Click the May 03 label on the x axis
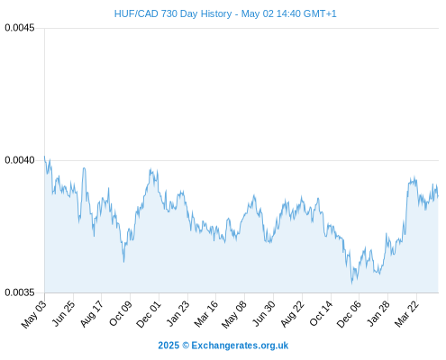click(x=34, y=314)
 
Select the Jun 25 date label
click(x=63, y=313)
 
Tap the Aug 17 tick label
click(x=92, y=313)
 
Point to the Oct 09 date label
click(x=121, y=313)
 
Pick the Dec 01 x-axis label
click(x=149, y=314)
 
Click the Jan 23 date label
click(x=178, y=313)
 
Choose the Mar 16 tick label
click(x=206, y=313)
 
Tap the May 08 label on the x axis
click(x=234, y=314)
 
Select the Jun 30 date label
click(x=264, y=313)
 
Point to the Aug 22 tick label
click(x=292, y=313)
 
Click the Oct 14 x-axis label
click(x=321, y=313)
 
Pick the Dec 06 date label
click(x=349, y=314)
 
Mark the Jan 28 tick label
click(x=378, y=313)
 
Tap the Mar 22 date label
click(x=406, y=313)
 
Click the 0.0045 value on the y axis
click(x=20, y=28)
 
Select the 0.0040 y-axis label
click(x=20, y=160)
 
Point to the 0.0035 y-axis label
click(x=20, y=292)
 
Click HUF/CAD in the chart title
click(x=136, y=13)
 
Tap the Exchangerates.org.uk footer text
click(x=240, y=346)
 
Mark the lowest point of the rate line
click(x=352, y=283)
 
